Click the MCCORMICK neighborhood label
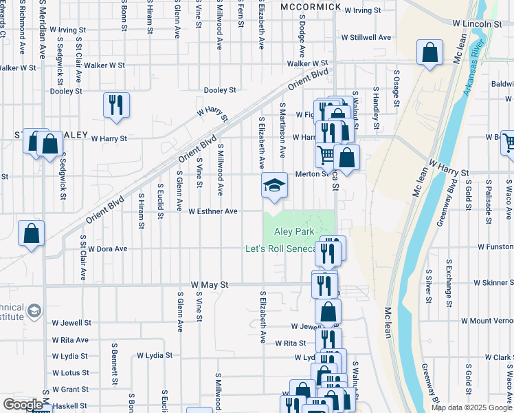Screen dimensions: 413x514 pos(311,6)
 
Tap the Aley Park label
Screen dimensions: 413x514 pos(294,232)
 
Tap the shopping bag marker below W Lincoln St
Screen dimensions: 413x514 pos(429,53)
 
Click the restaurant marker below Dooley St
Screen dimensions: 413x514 pos(115,105)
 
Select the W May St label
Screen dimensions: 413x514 pos(209,284)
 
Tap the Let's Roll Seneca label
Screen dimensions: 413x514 pos(280,248)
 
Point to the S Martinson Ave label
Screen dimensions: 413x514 pos(282,130)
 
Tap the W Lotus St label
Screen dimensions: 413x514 pos(70,372)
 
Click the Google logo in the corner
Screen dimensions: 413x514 pos(23,404)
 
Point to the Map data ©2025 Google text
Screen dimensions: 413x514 pos(471,407)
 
